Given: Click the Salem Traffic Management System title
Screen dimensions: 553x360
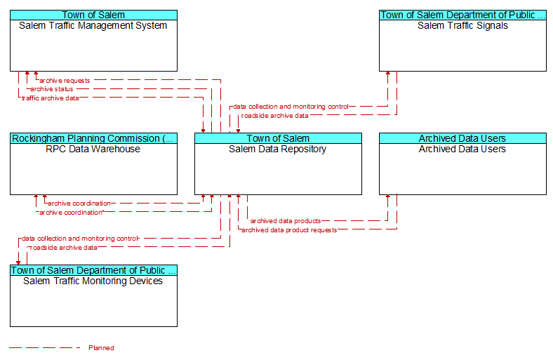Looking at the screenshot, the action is coord(93,26).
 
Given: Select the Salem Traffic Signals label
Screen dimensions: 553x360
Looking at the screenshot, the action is coord(462,26).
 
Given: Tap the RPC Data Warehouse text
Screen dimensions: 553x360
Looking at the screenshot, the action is coord(93,149).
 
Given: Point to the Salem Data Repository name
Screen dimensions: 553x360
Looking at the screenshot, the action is coord(278,149).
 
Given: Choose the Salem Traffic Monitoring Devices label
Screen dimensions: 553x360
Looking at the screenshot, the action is coord(93,281).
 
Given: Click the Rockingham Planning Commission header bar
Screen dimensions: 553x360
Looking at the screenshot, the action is coord(93,138).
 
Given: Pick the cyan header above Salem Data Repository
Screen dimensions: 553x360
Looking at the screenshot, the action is coord(278,138).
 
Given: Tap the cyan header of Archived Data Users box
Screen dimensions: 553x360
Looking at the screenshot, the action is coord(462,138).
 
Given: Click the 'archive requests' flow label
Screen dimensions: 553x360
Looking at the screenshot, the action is coord(65,81).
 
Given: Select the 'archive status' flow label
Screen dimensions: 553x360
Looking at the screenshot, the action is coord(51,89).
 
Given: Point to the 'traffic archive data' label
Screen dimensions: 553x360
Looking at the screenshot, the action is coord(51,98).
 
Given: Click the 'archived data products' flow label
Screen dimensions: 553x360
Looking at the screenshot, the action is coord(286,221).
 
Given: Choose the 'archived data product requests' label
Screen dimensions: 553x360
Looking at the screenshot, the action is coord(289,230).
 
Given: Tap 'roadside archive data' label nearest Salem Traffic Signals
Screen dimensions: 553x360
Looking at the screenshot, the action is coord(274,116).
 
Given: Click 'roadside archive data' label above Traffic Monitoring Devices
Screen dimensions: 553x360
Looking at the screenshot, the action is coord(63,248).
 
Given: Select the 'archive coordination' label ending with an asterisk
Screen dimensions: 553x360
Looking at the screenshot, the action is coord(72,213).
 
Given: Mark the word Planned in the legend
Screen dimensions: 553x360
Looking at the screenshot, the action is coord(101,348).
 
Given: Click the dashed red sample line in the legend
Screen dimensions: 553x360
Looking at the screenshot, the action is coord(45,348).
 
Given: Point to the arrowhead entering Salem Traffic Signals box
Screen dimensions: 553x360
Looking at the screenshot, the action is coord(388,73).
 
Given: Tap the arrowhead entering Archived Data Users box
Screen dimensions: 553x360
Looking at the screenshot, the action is coord(388,196).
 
